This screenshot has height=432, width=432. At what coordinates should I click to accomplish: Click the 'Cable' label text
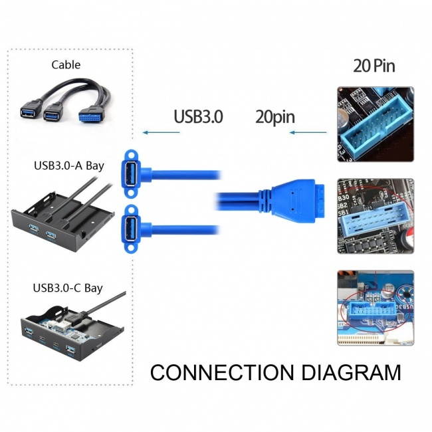[x=66, y=65]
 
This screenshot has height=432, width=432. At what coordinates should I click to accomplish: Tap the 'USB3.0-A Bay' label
[x=68, y=165]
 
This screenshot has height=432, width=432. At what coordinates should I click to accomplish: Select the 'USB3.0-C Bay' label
[x=68, y=288]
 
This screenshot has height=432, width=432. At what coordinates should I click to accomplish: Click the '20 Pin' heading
[x=374, y=66]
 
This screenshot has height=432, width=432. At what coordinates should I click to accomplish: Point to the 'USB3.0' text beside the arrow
[x=198, y=117]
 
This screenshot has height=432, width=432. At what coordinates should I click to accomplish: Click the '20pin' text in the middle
[x=275, y=117]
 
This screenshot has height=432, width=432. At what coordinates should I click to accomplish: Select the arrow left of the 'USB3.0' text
[x=162, y=133]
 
